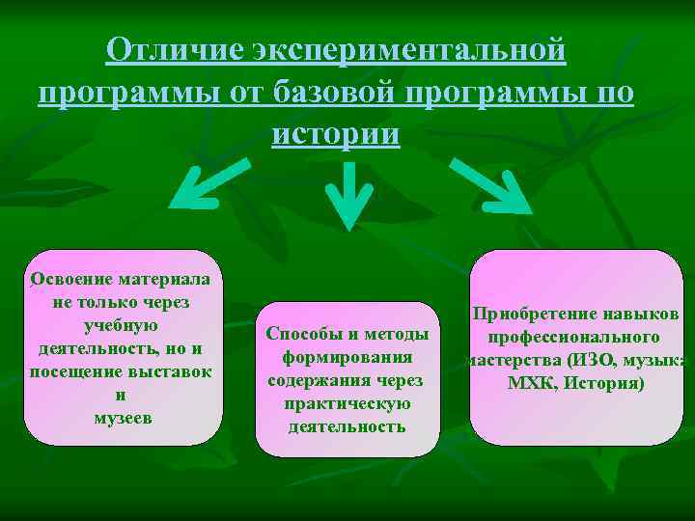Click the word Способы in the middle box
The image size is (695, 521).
[306, 334]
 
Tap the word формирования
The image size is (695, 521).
[347, 357]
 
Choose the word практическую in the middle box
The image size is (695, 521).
[347, 403]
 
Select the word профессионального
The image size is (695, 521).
[573, 338]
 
